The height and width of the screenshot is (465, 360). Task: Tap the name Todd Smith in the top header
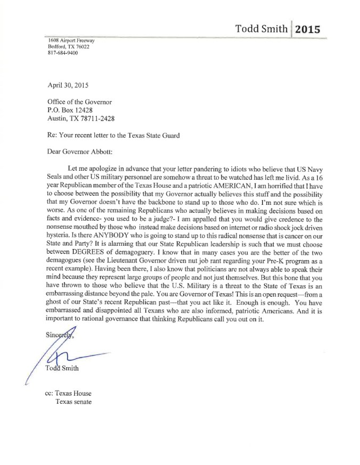261,29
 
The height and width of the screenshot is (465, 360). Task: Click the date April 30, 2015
68,85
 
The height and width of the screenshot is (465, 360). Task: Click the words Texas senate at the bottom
73,402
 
